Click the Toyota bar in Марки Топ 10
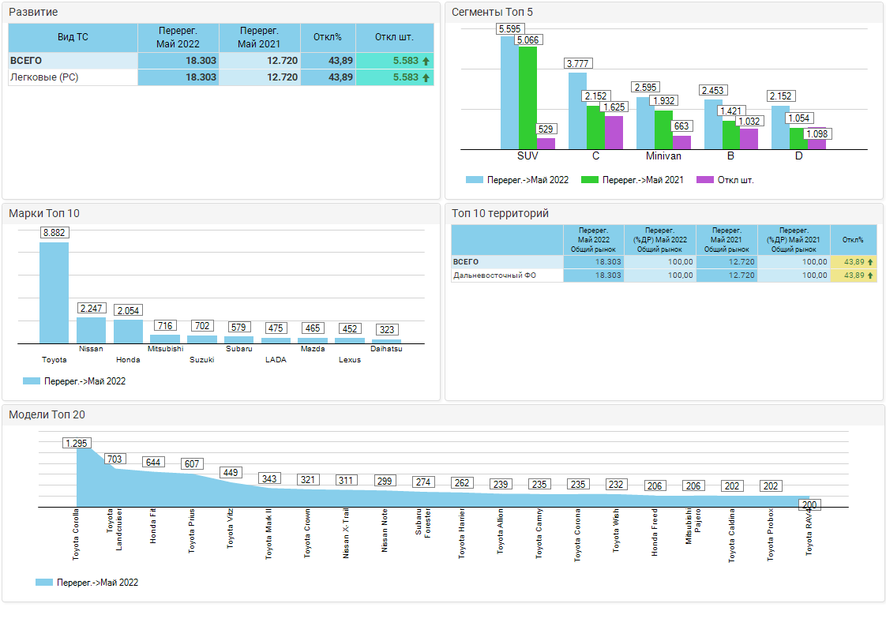click(x=54, y=292)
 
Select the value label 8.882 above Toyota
click(x=54, y=233)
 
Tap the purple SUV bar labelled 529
click(x=546, y=144)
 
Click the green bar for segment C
click(x=595, y=127)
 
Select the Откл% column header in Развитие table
click(x=327, y=37)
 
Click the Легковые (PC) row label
click(x=44, y=77)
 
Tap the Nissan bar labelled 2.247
click(x=91, y=330)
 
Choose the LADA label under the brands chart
click(x=276, y=360)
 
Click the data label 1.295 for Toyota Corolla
click(x=77, y=443)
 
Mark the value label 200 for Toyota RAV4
click(x=809, y=505)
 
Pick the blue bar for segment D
click(x=780, y=127)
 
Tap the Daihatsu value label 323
click(x=387, y=329)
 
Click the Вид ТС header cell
click(x=73, y=37)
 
